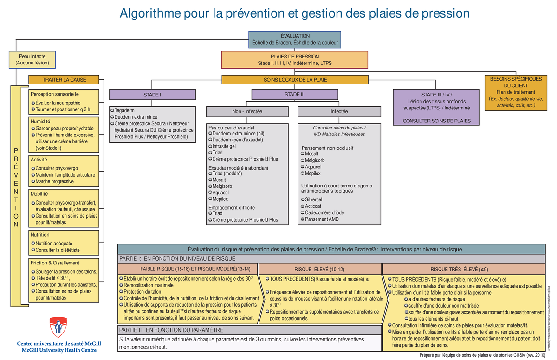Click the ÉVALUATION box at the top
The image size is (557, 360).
pos(295,39)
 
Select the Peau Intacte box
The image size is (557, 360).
pos(32,59)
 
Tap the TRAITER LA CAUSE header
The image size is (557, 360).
pos(64,79)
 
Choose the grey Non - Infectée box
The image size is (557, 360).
pos(247,112)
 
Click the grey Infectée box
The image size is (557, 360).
pos(339,112)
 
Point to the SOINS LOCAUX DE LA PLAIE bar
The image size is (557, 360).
pos(295,80)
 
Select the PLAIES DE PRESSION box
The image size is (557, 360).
pos(295,60)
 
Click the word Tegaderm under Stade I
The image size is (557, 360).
pos(124,111)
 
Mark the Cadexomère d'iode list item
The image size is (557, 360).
pos(324,212)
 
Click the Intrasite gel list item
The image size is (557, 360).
pos(224,146)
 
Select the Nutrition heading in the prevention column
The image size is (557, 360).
pos(40,235)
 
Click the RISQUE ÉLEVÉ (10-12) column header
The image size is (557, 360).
pos(319,269)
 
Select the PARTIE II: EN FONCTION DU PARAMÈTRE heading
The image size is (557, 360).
pos(171,330)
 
